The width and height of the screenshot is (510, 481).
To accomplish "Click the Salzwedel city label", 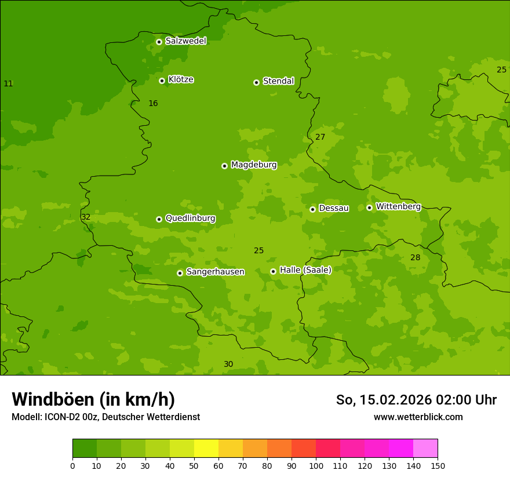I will pyautogui.click(x=185, y=41).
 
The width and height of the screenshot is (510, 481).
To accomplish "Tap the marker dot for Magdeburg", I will pyautogui.click(x=224, y=166).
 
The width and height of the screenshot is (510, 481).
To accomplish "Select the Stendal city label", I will pyautogui.click(x=278, y=81).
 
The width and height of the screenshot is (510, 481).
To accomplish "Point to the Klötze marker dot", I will pyautogui.click(x=162, y=81).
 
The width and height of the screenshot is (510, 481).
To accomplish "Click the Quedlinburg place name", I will pyautogui.click(x=190, y=218).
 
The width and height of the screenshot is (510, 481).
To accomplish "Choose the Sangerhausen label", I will pyautogui.click(x=215, y=272).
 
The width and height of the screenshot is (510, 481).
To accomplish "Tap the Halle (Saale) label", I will pyautogui.click(x=305, y=270).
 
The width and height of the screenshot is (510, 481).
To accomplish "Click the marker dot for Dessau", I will pyautogui.click(x=312, y=209).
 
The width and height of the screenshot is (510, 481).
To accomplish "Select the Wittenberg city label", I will pyautogui.click(x=398, y=206).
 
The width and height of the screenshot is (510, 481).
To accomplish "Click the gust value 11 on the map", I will pyautogui.click(x=8, y=84).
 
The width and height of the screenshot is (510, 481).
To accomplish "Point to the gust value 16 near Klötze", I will pyautogui.click(x=153, y=104).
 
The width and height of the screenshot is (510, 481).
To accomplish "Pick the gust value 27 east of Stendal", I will pyautogui.click(x=320, y=137).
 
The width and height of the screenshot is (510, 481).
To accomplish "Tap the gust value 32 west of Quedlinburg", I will pyautogui.click(x=86, y=217).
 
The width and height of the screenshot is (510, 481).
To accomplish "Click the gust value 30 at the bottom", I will pyautogui.click(x=228, y=365).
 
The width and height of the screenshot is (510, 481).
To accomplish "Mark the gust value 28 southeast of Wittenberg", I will pyautogui.click(x=415, y=258).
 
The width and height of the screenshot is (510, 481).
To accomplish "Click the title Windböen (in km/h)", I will pyautogui.click(x=93, y=399).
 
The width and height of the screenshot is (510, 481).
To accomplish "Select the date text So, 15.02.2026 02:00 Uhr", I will pyautogui.click(x=416, y=400).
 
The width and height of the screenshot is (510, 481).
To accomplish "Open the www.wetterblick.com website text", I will pyautogui.click(x=418, y=417).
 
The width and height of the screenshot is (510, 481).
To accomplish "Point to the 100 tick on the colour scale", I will pyautogui.click(x=316, y=465).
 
